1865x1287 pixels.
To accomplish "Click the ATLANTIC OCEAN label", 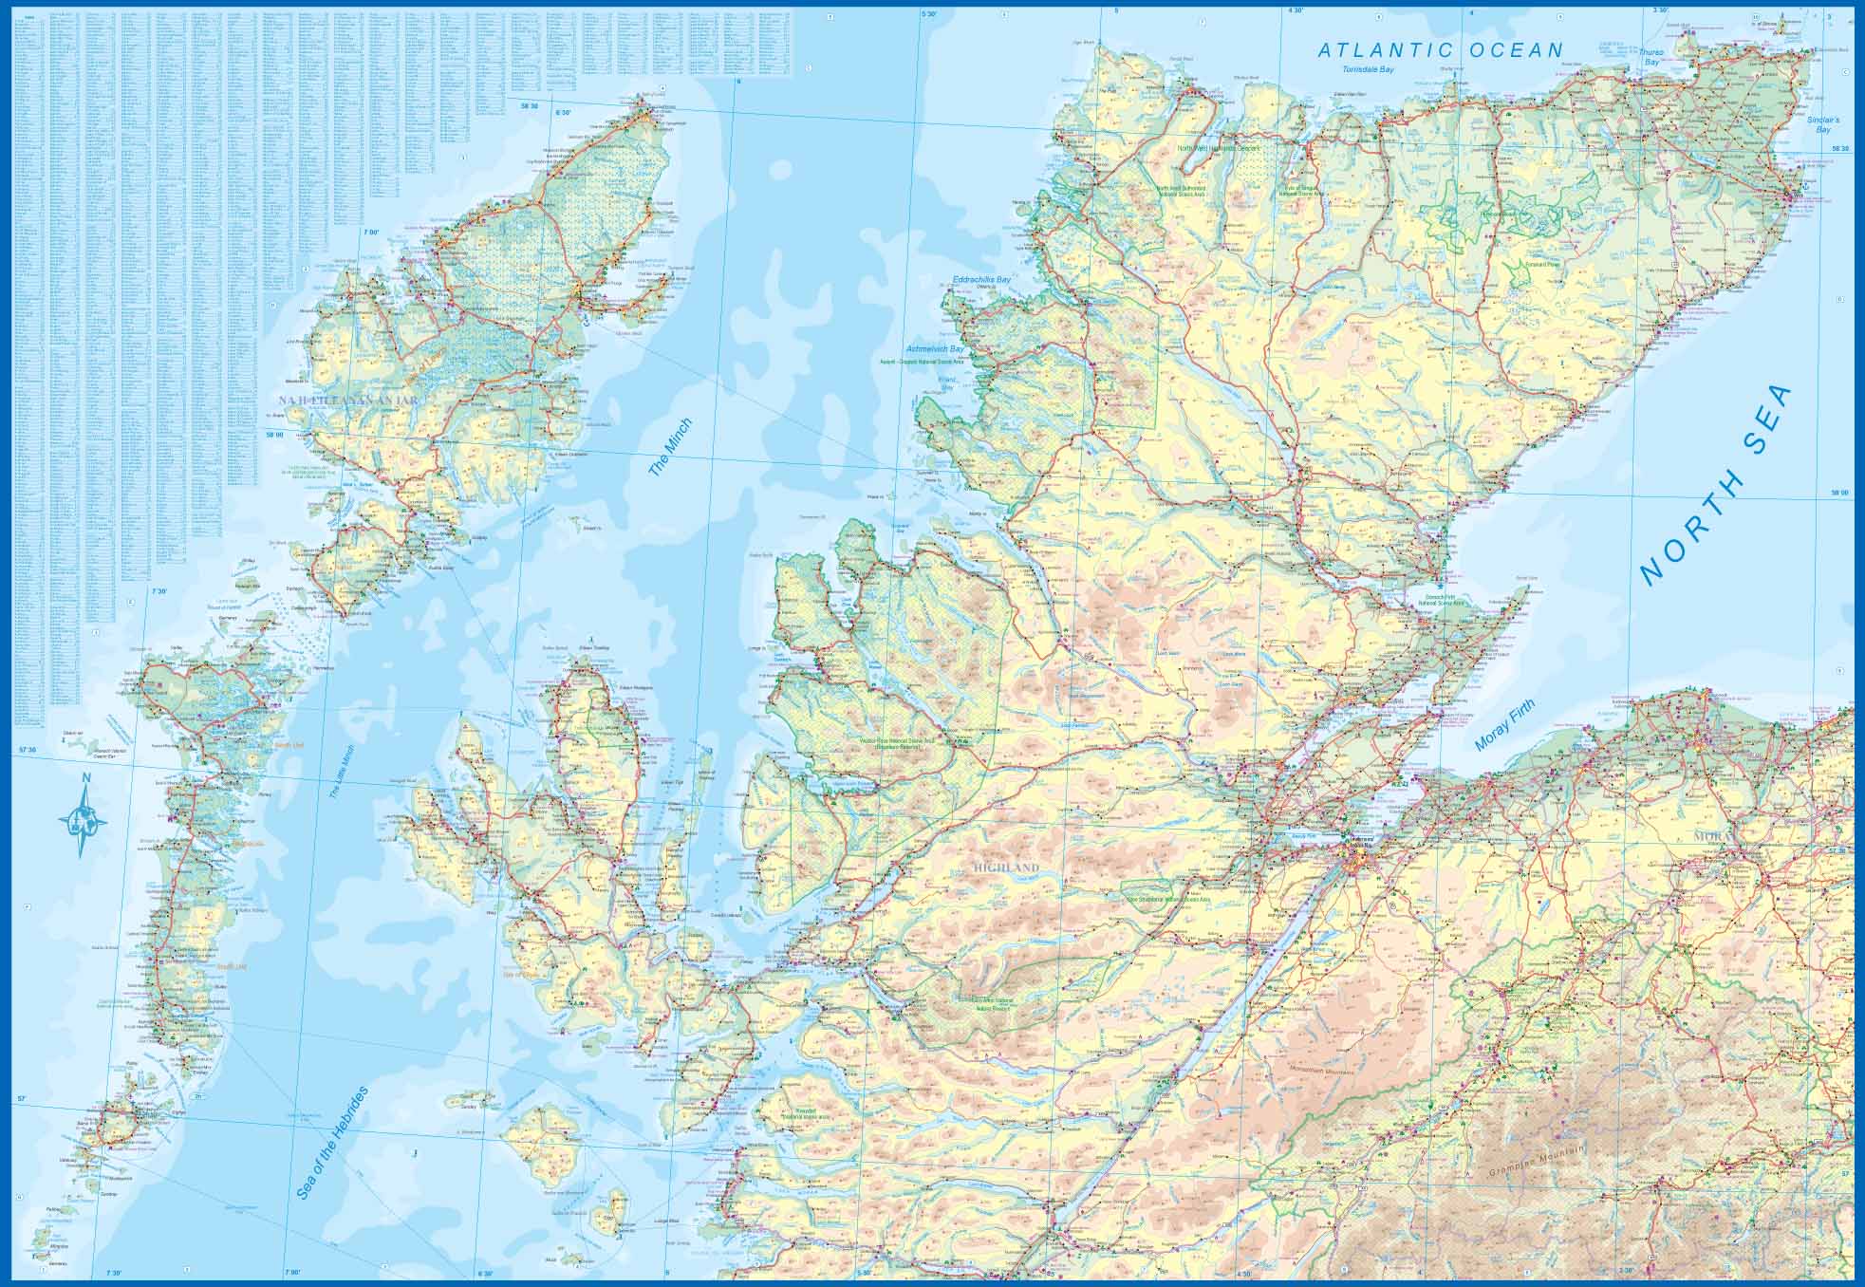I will (1440, 50).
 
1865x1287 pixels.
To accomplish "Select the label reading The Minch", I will (669, 447).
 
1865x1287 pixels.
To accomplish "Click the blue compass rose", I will (84, 818).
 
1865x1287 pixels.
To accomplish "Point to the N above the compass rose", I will (85, 780).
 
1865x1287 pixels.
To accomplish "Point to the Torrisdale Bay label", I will (1368, 71).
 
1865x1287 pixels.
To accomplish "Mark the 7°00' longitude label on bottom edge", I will (291, 1273).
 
